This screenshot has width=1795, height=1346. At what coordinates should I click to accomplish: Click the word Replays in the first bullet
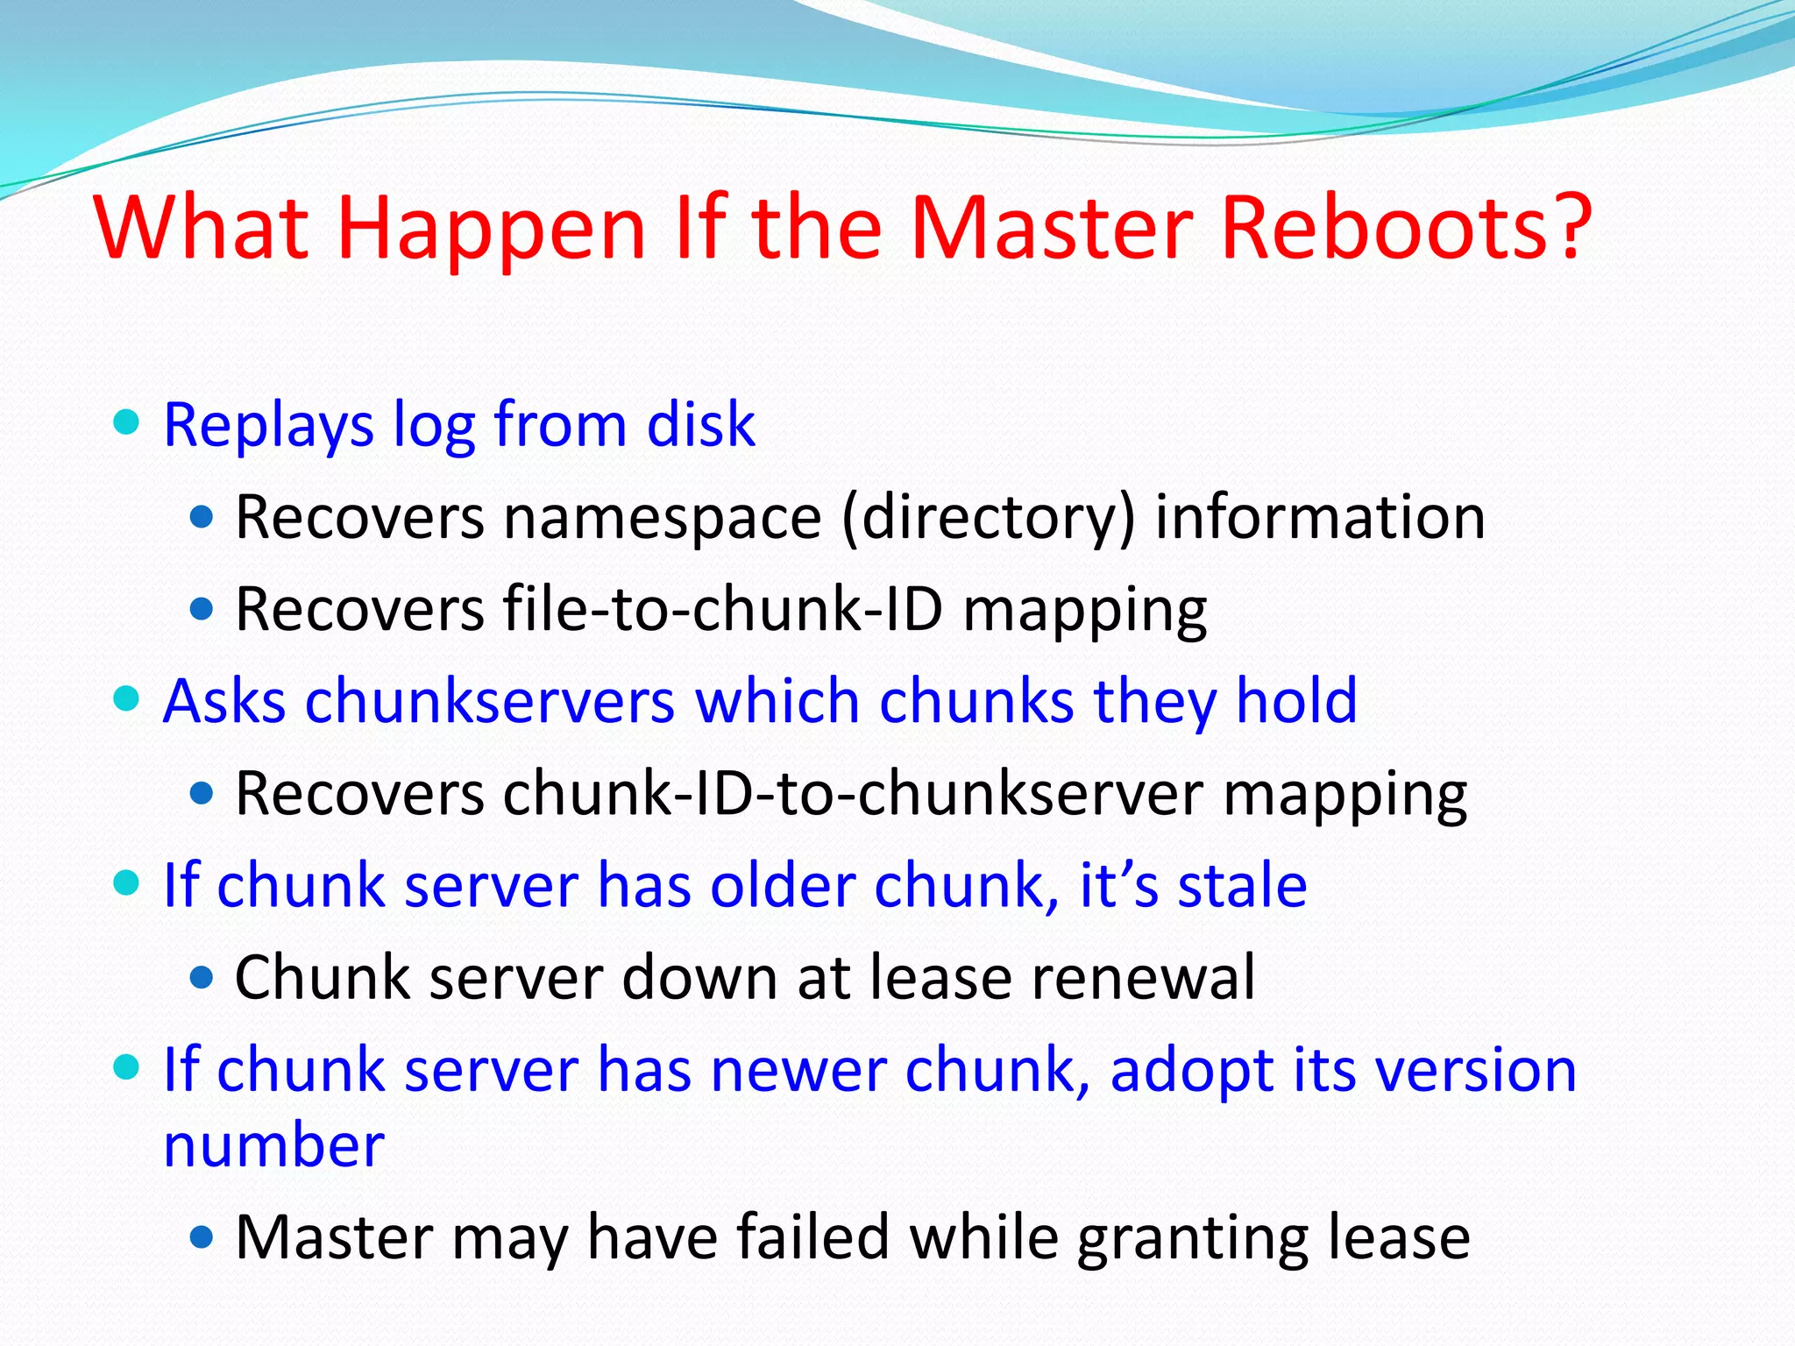point(268,427)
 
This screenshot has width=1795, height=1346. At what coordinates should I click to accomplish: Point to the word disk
point(700,425)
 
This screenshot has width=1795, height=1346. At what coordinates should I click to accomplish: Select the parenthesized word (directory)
point(988,519)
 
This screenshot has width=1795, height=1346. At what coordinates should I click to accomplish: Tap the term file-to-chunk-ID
point(723,610)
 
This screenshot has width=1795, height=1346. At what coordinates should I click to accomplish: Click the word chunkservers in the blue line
point(490,702)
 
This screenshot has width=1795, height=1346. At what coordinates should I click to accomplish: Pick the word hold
point(1296,702)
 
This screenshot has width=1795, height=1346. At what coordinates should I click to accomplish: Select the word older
point(783,886)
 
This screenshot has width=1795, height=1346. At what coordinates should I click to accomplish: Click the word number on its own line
point(273,1146)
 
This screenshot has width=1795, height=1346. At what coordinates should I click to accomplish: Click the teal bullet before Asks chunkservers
point(127,699)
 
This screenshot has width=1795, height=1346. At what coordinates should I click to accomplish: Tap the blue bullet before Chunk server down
point(202,977)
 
